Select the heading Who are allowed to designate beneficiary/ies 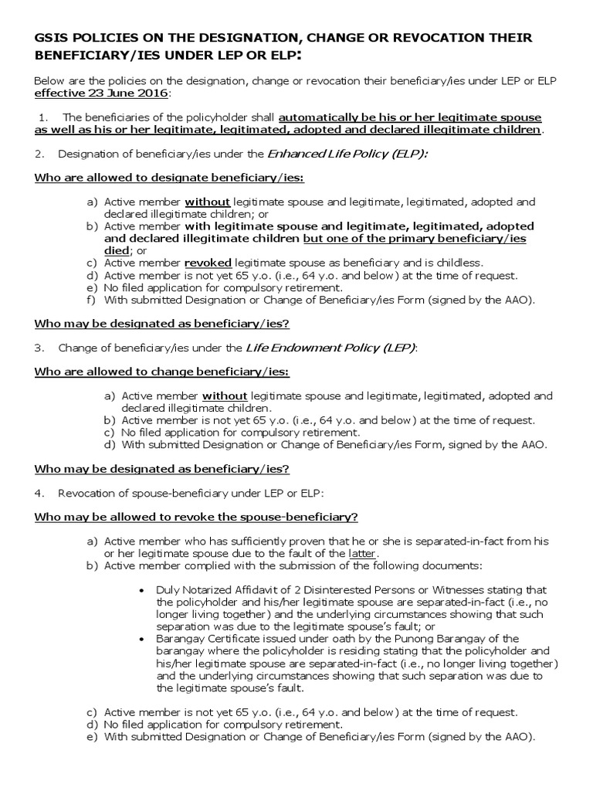169,178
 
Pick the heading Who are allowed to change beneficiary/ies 161,372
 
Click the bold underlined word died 115,250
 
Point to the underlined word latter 361,554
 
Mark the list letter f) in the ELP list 90,300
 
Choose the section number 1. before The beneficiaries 44,117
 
